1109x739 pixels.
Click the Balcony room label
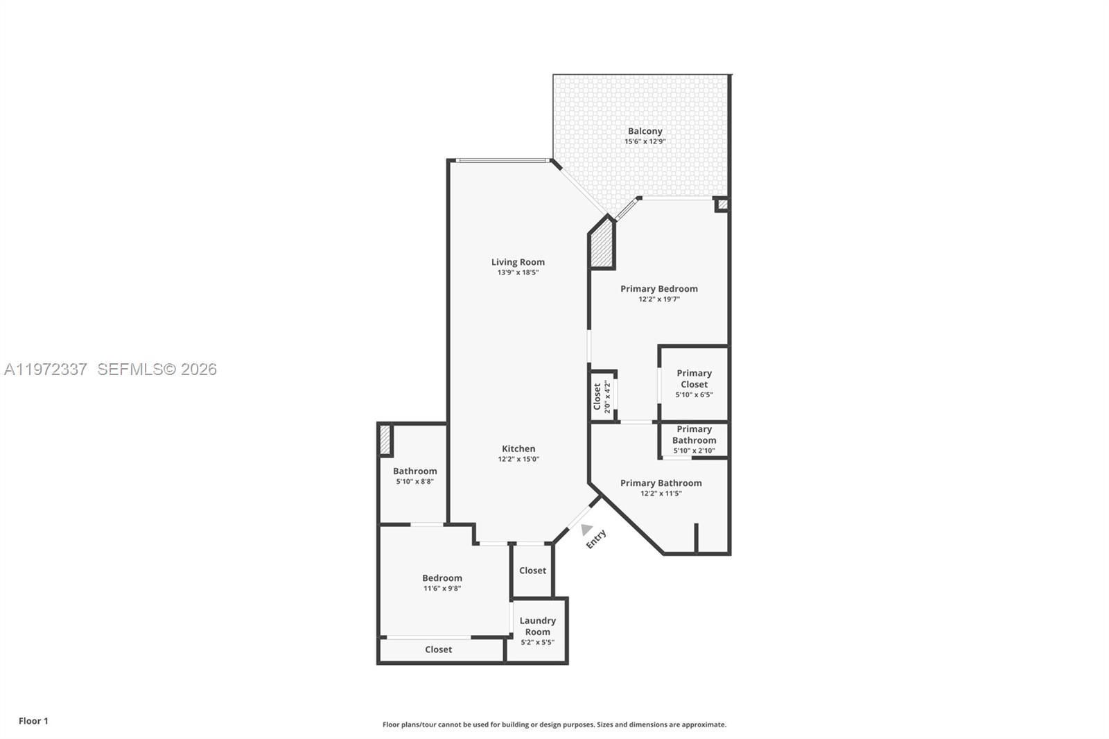coord(645,131)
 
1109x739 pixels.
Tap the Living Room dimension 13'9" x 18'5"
coord(518,272)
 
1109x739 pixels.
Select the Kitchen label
coord(518,449)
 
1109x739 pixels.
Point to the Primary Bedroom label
coord(658,288)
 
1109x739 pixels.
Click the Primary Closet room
coord(694,383)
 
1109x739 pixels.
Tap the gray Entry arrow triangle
coord(586,530)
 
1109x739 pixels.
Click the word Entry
coord(596,539)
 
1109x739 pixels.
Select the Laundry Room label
coord(537,626)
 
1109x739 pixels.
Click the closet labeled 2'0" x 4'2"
coord(602,397)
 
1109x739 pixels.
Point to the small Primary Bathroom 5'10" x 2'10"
coord(694,440)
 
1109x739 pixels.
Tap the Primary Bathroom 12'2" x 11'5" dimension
coord(661,494)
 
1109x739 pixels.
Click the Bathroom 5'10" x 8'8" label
coord(414,476)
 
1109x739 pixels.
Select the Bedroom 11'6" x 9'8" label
coord(442,582)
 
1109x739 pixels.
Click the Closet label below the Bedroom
coord(438,650)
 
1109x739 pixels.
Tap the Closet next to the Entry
coord(532,571)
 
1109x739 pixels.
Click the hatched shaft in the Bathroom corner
coord(385,440)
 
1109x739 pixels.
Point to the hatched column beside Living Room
coord(602,245)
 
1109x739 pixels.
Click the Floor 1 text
coord(33,721)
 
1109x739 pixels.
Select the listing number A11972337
coord(46,369)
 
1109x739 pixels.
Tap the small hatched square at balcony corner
coord(722,205)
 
